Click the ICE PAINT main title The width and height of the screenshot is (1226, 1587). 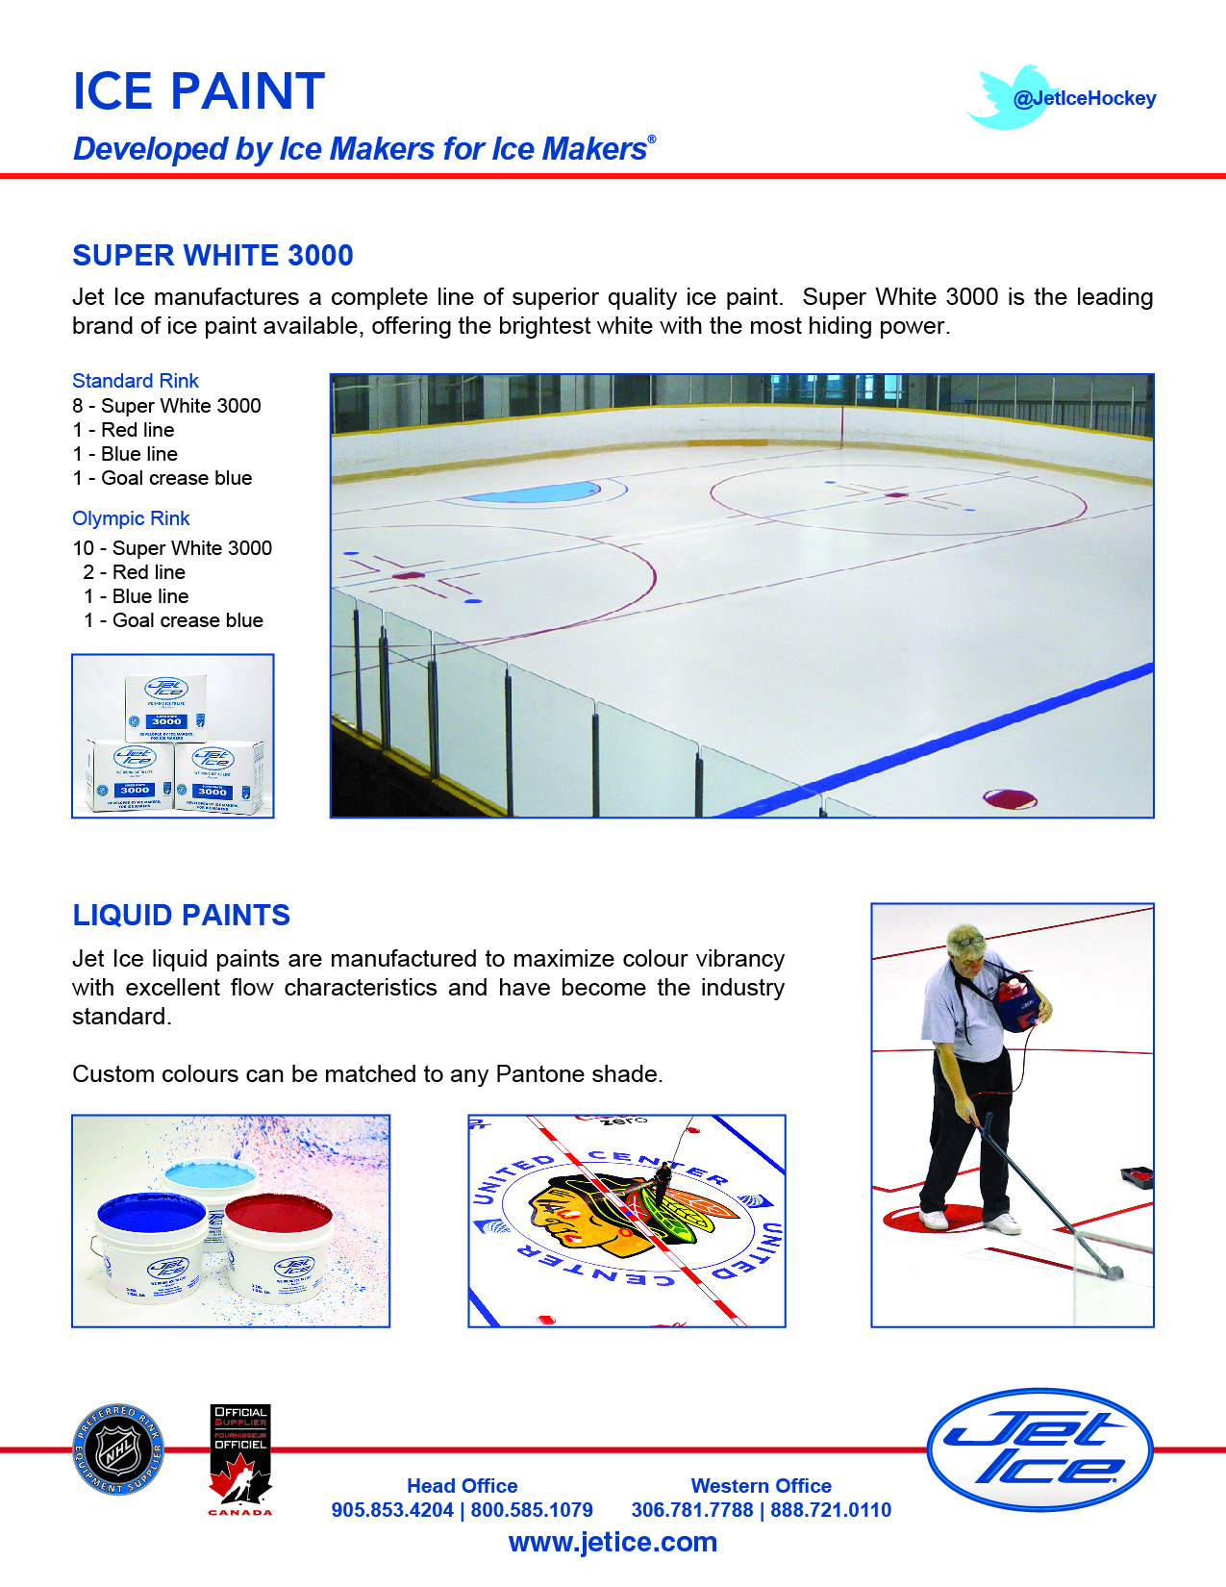[199, 92]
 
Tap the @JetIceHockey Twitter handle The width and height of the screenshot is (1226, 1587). [1084, 98]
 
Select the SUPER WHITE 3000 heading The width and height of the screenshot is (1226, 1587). [213, 256]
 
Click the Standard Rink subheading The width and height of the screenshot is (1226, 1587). [136, 381]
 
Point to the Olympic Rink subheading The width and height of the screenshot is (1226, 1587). [131, 518]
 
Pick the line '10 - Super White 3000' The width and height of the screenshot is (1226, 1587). [173, 548]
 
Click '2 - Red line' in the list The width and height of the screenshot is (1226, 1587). [135, 572]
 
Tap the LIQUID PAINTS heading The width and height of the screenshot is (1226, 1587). [182, 915]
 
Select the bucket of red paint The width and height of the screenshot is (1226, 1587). [279, 1241]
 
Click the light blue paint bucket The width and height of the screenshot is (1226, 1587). [210, 1181]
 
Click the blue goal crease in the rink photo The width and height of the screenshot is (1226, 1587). [535, 493]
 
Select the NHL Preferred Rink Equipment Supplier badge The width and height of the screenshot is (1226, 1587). [119, 1449]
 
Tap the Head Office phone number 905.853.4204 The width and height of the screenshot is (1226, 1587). [392, 1510]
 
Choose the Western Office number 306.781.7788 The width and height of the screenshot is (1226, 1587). [692, 1510]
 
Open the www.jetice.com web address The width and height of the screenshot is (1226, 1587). [613, 1543]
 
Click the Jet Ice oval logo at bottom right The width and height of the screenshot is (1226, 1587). [1039, 1448]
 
